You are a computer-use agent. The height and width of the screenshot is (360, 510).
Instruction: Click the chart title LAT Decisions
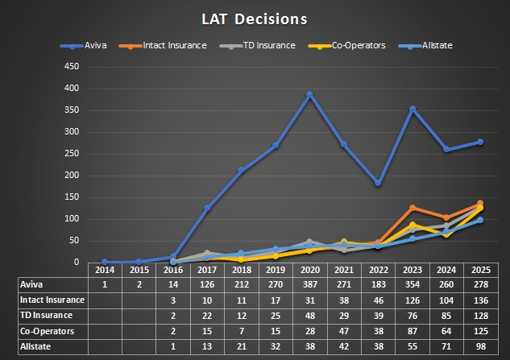point(254,18)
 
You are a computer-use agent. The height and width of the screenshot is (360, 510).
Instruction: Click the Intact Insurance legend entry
point(177,45)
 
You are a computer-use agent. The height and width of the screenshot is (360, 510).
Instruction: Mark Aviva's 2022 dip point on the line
point(377,183)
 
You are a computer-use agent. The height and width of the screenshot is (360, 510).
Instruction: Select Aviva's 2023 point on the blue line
point(413,109)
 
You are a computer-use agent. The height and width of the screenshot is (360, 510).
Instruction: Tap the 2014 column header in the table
point(105,270)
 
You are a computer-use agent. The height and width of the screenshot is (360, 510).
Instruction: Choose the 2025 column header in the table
point(479,270)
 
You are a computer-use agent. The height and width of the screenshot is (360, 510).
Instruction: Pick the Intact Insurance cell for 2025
point(479,300)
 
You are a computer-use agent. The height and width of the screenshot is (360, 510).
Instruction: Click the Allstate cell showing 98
point(479,346)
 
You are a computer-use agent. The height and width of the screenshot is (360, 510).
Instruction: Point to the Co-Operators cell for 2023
point(413,330)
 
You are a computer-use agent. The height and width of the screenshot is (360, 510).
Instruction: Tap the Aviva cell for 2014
point(105,283)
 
